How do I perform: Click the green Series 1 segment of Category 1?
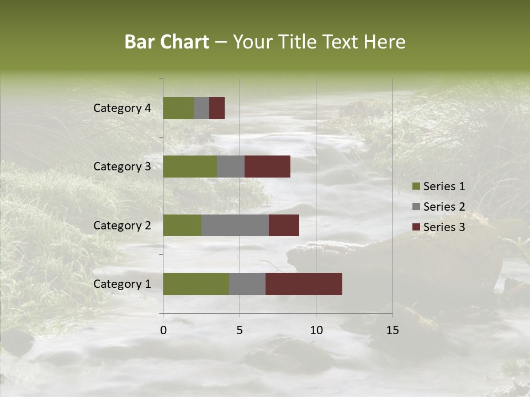(x=196, y=284)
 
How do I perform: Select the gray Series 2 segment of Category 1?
(x=247, y=284)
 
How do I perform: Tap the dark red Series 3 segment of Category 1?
(x=304, y=284)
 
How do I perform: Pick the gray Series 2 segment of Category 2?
(x=235, y=225)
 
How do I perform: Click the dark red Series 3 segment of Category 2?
(x=284, y=225)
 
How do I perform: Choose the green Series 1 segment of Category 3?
(x=190, y=167)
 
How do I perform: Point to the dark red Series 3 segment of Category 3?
(x=267, y=167)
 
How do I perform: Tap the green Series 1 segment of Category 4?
(x=178, y=108)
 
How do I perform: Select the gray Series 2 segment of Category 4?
(x=202, y=108)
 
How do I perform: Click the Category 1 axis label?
(x=122, y=284)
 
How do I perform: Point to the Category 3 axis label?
(x=122, y=167)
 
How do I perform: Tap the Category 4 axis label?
(x=122, y=108)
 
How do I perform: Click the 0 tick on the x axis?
(x=163, y=330)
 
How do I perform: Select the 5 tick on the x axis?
(x=240, y=330)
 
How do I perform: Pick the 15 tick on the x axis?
(x=393, y=330)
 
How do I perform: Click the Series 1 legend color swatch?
(x=416, y=186)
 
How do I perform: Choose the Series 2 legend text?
(x=444, y=207)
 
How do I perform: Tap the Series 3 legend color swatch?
(x=416, y=227)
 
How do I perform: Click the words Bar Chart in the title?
(x=167, y=42)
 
